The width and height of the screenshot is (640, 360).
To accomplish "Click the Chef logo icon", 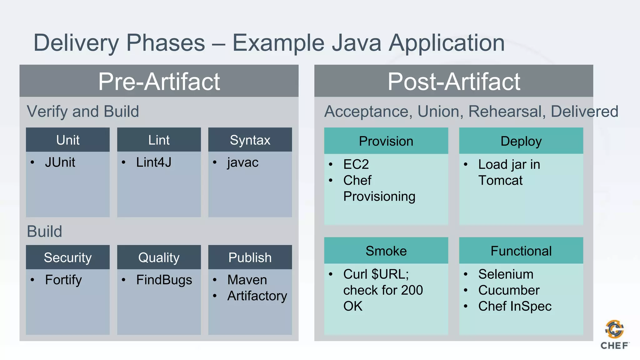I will pos(614,329).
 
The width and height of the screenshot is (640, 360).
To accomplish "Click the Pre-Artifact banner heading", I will pos(159,82).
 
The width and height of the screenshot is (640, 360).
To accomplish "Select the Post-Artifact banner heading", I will pos(453,82).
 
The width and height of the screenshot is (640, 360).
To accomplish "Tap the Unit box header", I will pos(68,140).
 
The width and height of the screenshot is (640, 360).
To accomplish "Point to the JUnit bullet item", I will pos(60,162).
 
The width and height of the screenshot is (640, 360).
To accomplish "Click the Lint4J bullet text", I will pos(153,162).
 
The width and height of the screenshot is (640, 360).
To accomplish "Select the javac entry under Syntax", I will pos(243,162).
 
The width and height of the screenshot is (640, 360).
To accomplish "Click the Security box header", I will pos(68,257).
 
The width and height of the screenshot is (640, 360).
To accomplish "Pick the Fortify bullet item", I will pos(63,280).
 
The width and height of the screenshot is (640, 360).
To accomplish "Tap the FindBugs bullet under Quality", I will pos(164,280).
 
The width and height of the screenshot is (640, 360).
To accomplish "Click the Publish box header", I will pos(250,257).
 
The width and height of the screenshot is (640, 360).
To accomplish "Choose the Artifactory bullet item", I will pos(257,296).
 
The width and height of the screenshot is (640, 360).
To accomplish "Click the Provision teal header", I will pos(386,141).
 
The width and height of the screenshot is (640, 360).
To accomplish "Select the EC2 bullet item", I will pos(356,164).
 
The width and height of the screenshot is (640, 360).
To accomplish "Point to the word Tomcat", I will pos(500,181).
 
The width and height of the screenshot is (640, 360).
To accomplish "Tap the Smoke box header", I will pos(386,251).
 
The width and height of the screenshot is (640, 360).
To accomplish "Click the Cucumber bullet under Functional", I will pos(509,290).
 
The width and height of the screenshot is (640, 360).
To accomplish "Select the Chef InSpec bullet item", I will pos(515,306).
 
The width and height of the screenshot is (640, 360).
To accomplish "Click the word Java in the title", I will pos(356,43).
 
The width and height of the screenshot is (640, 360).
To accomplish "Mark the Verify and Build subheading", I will pos(83,112).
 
